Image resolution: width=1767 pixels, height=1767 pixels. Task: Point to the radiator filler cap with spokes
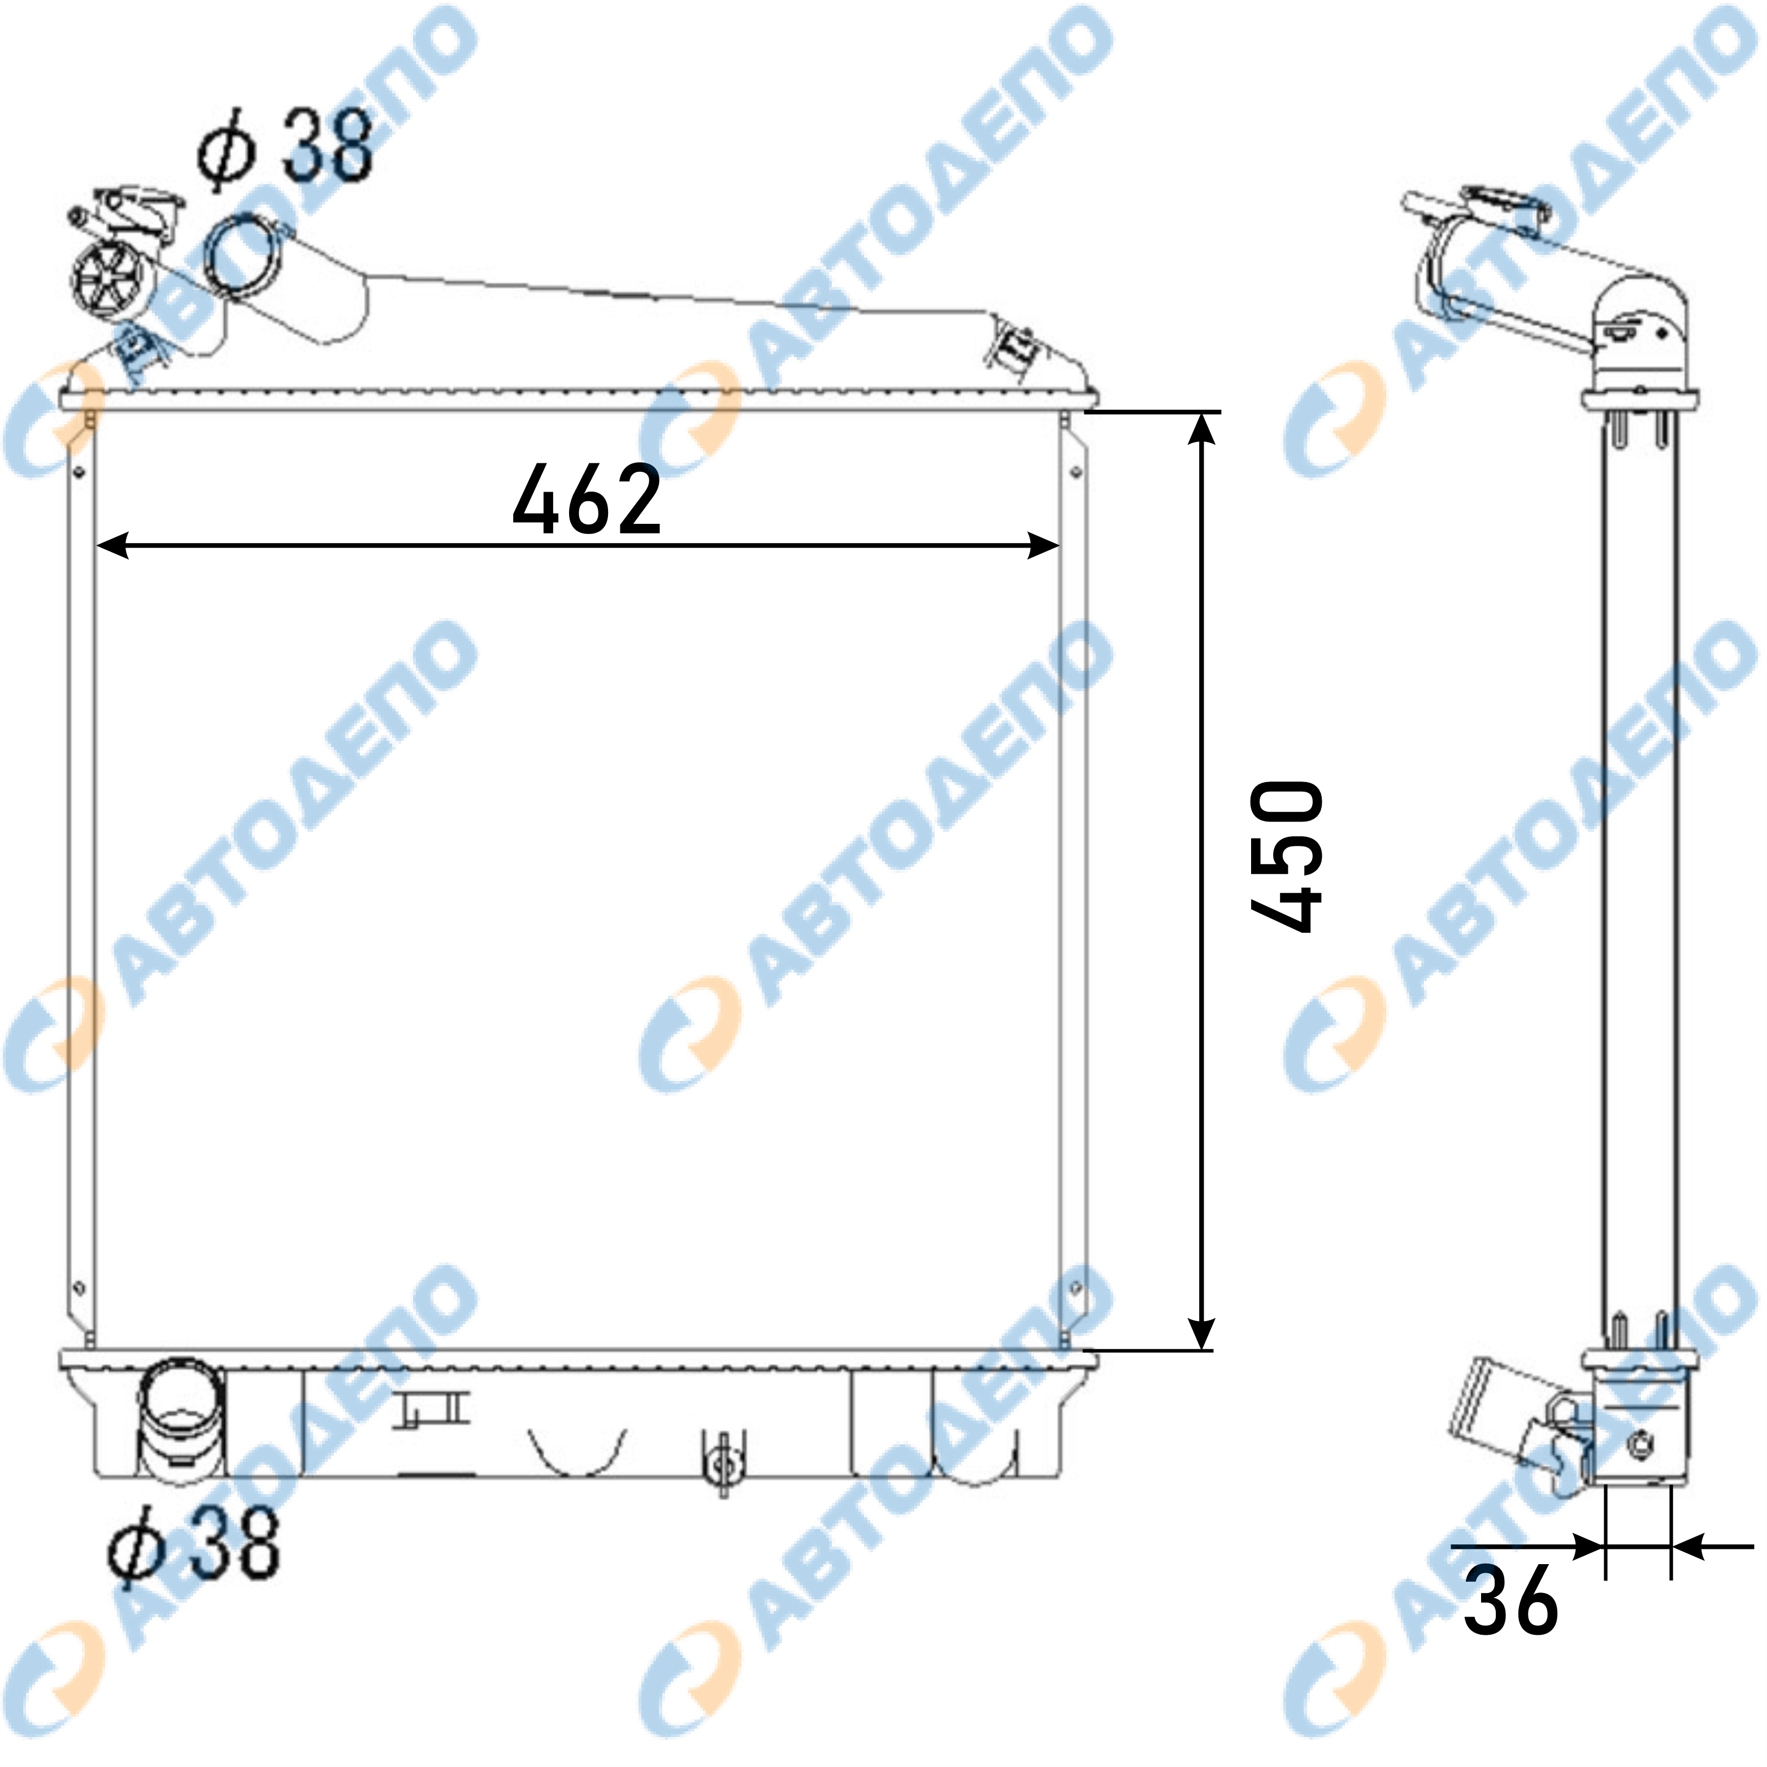point(110,279)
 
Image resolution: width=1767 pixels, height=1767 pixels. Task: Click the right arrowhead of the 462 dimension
point(1044,546)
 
